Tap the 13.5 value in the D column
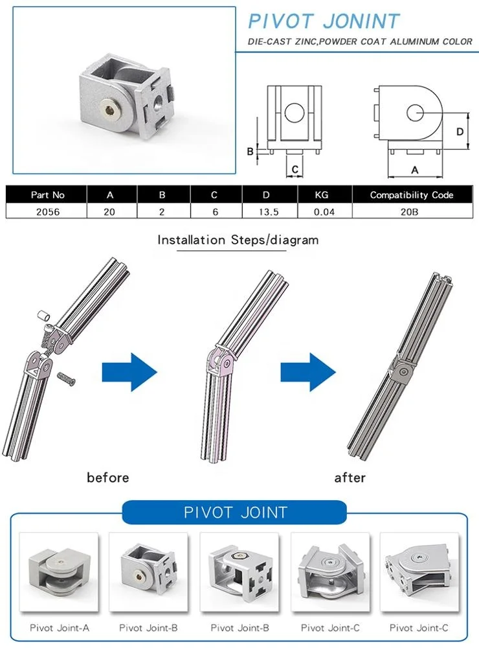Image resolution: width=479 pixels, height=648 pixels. click(269, 212)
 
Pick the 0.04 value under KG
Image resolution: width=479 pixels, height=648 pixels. click(324, 212)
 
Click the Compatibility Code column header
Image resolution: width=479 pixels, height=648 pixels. click(412, 194)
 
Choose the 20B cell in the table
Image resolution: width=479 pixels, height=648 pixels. click(412, 212)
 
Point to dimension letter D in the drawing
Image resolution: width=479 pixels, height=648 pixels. click(459, 132)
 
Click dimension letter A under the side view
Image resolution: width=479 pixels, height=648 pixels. click(415, 168)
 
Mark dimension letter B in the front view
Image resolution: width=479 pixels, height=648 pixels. click(250, 152)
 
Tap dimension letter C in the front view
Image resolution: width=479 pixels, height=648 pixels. click(295, 169)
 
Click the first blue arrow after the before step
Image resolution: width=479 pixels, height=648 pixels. click(129, 372)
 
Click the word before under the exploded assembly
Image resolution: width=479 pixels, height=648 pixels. click(108, 478)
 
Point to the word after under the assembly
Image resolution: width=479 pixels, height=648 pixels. click(350, 478)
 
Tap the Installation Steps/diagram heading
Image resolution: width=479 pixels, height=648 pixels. click(238, 240)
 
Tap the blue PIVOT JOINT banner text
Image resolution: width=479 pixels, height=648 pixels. click(236, 513)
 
